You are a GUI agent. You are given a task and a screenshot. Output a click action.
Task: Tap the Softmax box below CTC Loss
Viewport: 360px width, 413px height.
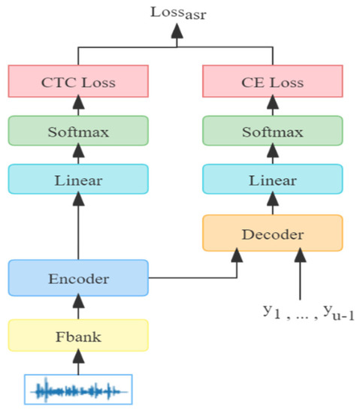point(78,132)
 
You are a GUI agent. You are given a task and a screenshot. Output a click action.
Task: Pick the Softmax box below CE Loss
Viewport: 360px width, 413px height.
point(273,132)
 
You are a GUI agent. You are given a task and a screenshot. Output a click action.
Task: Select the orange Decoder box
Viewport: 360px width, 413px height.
point(273,234)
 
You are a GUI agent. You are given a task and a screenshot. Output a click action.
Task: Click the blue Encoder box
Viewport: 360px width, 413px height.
point(78,278)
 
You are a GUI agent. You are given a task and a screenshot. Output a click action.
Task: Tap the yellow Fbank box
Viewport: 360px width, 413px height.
point(78,336)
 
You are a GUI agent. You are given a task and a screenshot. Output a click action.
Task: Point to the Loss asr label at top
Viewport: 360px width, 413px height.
point(177,12)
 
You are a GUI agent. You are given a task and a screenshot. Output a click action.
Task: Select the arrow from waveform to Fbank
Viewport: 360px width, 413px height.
point(78,363)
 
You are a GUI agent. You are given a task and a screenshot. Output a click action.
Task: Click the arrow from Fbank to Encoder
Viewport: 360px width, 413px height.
point(78,307)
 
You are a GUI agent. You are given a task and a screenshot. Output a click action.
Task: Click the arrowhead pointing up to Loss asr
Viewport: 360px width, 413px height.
point(177,32)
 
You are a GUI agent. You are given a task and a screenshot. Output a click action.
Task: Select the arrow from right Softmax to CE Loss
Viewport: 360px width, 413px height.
point(273,107)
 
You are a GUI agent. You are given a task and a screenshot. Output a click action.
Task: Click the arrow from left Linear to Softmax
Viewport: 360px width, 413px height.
point(78,156)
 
